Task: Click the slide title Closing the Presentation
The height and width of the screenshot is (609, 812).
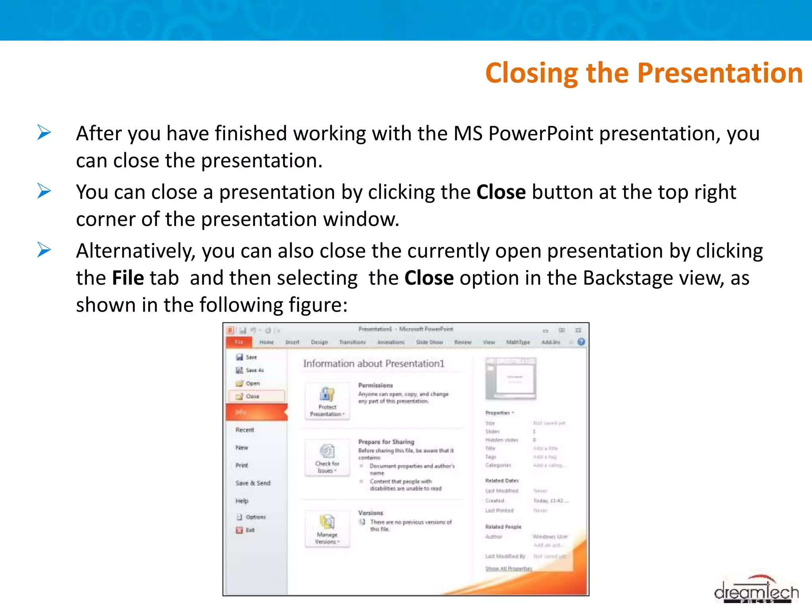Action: coord(644,73)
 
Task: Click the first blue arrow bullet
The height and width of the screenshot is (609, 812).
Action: coord(44,132)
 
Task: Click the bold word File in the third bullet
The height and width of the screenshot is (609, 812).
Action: coord(128,278)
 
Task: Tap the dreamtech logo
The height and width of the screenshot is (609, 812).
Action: coord(756,591)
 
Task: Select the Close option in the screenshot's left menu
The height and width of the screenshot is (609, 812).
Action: coord(252,396)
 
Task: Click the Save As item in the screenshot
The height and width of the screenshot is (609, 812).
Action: coord(254,370)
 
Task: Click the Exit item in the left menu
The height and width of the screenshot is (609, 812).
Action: coord(250,530)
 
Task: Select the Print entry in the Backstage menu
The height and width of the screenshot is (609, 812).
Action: coord(241,465)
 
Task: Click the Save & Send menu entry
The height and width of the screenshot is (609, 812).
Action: coord(253,483)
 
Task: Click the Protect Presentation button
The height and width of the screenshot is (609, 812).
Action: coord(327,400)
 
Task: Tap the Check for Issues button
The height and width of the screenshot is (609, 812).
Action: coord(327,457)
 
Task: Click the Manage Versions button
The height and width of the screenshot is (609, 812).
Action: coord(327,529)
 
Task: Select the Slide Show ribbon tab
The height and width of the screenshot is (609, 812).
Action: coord(429,342)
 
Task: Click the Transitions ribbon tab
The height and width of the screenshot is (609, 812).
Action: coord(352,342)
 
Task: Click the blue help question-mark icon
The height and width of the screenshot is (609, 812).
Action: coord(581,342)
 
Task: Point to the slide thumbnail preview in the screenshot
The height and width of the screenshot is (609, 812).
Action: coord(511,378)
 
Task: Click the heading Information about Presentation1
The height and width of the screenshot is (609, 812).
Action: coord(373,364)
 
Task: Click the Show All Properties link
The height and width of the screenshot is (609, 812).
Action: coord(508,569)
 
